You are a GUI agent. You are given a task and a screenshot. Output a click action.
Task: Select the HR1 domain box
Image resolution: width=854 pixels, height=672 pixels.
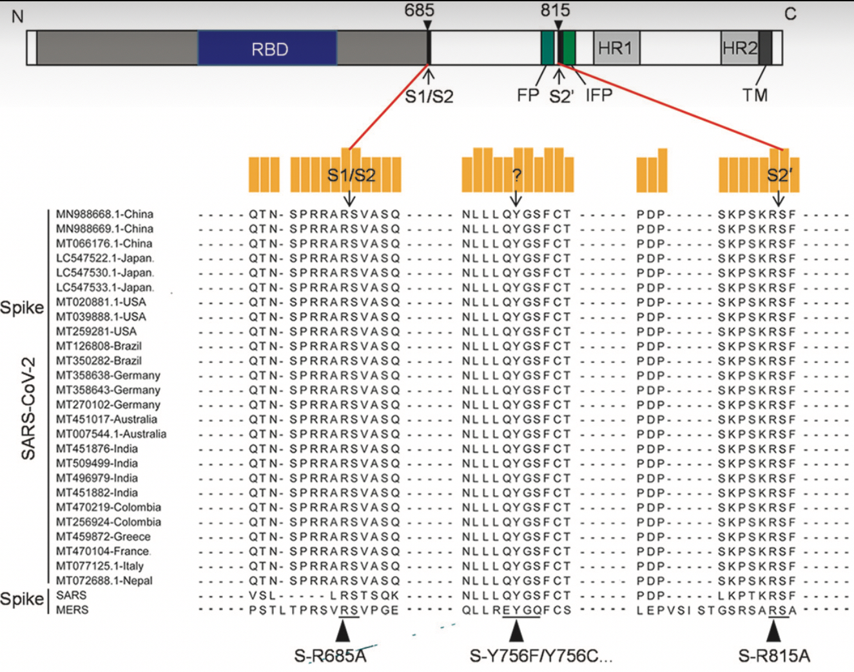[x=616, y=48]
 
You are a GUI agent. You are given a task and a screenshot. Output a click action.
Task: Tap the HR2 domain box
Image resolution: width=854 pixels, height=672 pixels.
[x=739, y=48]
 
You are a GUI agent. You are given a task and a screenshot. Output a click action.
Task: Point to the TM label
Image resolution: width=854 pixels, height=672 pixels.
[x=755, y=95]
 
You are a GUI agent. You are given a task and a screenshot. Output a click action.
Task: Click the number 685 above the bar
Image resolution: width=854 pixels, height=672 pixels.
[x=419, y=10]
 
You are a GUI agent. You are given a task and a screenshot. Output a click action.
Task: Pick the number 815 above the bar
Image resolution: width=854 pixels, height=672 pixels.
[x=555, y=10]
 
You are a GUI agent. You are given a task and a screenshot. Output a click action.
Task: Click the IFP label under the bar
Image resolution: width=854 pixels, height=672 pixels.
[x=599, y=95]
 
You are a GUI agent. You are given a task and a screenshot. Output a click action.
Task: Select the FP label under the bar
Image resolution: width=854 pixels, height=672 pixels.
[x=528, y=95]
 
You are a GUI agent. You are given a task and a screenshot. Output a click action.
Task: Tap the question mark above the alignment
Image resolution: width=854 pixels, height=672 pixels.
[x=516, y=176]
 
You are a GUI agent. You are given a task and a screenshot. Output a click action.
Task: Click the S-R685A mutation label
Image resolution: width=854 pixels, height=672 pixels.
[x=330, y=656]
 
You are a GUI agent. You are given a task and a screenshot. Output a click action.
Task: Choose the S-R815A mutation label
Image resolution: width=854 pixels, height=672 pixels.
[x=773, y=656]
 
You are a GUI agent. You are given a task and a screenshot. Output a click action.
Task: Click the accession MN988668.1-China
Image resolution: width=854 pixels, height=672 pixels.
[x=104, y=214]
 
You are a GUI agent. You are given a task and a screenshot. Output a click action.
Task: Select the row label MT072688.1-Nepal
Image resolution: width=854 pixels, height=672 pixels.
[x=104, y=580]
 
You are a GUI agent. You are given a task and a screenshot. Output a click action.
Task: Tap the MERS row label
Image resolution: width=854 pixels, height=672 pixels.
[x=72, y=609]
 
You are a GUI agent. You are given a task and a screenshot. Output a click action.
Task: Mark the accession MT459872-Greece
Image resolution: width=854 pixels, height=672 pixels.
[x=103, y=537]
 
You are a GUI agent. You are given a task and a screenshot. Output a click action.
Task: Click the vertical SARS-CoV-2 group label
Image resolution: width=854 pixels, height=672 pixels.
[x=28, y=408]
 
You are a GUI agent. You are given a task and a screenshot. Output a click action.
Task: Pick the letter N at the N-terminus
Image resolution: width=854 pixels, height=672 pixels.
[x=17, y=16]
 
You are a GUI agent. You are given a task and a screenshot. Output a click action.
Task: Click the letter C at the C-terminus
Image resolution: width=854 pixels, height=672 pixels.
[x=790, y=14]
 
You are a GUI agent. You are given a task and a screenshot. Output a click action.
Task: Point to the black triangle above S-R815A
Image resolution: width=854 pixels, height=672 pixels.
[x=779, y=629]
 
